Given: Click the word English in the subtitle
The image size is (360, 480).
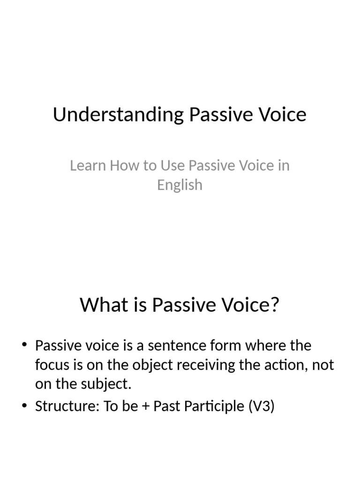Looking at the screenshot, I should click(x=180, y=185).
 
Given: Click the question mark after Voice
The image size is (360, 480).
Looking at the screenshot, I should click(x=275, y=305).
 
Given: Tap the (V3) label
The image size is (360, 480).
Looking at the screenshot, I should click(x=261, y=406).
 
